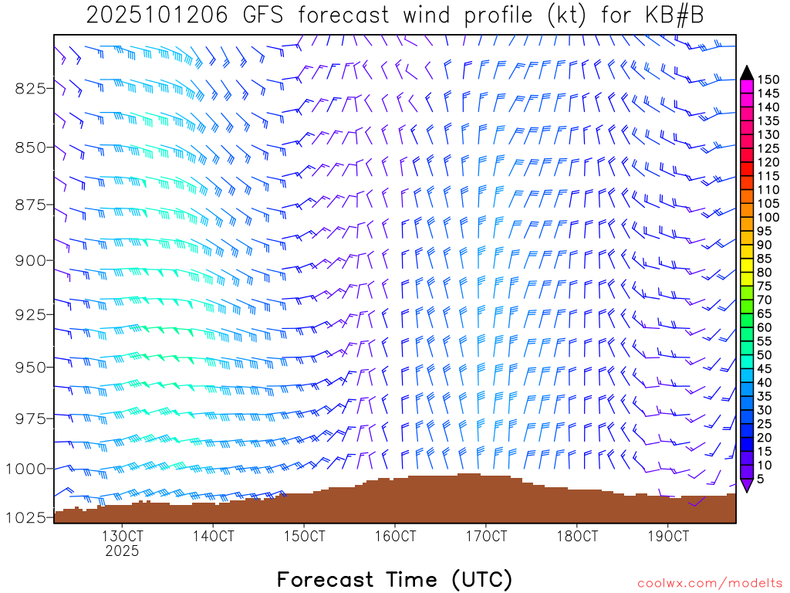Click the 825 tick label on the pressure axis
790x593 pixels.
point(30,88)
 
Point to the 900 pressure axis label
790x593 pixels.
point(30,260)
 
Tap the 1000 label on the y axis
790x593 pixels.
point(25,469)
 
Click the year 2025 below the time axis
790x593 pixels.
point(122,551)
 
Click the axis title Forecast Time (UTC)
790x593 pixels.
point(394,579)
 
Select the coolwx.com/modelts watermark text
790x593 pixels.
point(710,583)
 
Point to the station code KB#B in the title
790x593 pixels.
point(674,16)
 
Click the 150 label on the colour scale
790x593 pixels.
point(768,80)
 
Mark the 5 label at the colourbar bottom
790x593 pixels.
point(761,479)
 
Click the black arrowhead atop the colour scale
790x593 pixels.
point(746,73)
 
